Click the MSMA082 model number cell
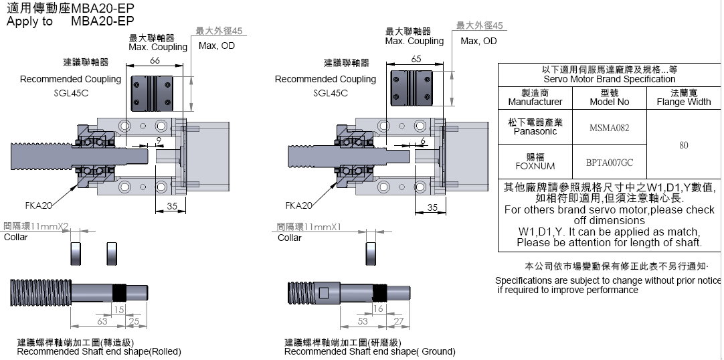pyautogui.click(x=609, y=128)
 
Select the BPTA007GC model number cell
pyautogui.click(x=609, y=162)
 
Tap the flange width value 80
pyautogui.click(x=683, y=145)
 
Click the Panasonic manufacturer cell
pyautogui.click(x=535, y=127)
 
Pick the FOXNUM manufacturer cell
pyautogui.click(x=535, y=161)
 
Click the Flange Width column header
pyautogui.click(x=683, y=98)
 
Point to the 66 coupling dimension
pyautogui.click(x=155, y=61)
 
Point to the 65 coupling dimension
pyautogui.click(x=416, y=59)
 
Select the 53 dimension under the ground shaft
pyautogui.click(x=363, y=322)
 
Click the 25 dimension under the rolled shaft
pyautogui.click(x=134, y=322)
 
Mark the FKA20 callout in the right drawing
pyautogui.click(x=298, y=205)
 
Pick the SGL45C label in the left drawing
pyautogui.click(x=71, y=93)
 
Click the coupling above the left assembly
pyautogui.click(x=155, y=92)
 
